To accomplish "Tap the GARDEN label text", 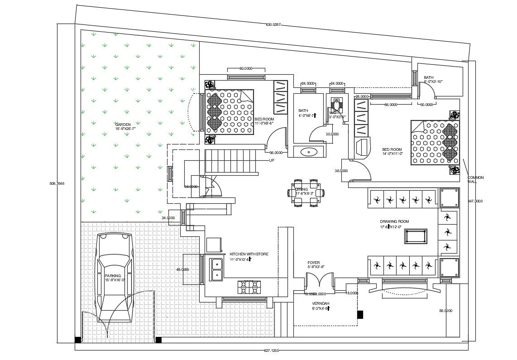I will click(123, 125).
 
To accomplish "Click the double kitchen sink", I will click(216, 268).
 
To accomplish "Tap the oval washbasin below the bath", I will click(309, 152).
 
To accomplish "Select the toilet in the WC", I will click(336, 106).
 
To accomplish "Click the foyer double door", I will click(320, 285).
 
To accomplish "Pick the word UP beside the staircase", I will click(272, 160).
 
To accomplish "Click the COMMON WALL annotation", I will click(475, 179).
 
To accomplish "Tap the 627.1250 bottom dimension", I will click(272, 350).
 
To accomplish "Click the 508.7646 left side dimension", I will click(57, 183).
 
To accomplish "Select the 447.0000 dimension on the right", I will click(475, 201).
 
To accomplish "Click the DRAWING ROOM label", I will click(394, 221).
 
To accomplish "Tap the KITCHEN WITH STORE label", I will click(249, 254).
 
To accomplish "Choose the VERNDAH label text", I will click(321, 303).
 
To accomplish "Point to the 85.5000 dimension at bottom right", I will click(445, 311).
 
